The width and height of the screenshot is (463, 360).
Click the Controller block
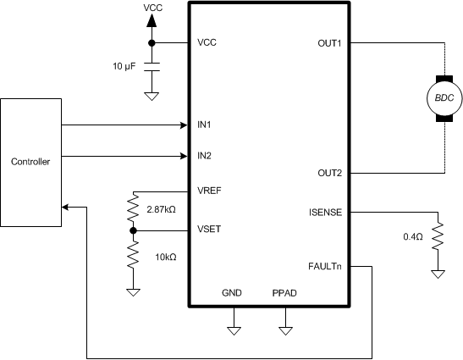click(30, 162)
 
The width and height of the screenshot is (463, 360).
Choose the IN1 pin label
click(204, 125)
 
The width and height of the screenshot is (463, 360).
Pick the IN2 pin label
click(204, 156)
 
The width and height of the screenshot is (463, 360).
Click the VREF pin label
click(210, 191)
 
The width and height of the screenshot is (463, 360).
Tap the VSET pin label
click(209, 229)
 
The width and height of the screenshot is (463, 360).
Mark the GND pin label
click(232, 292)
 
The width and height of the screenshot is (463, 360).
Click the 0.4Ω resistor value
click(414, 236)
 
